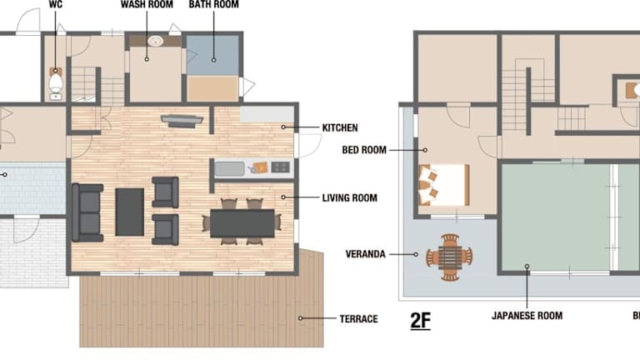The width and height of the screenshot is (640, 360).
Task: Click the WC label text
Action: click(56, 4)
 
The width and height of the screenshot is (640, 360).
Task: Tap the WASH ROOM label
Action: click(147, 4)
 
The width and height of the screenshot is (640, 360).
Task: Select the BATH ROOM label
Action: click(214, 4)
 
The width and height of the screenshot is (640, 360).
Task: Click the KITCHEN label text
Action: click(340, 127)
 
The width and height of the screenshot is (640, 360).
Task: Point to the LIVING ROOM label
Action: click(350, 198)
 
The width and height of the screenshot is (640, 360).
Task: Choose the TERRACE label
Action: click(359, 319)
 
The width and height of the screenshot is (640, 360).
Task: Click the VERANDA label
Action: click(365, 254)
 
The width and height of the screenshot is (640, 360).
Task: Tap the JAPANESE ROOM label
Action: click(527, 316)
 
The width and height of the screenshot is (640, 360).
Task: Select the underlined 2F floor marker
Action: click(420, 321)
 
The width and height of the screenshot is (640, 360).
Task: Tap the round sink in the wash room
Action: click(156, 41)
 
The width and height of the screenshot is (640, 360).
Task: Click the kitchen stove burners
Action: click(280, 167)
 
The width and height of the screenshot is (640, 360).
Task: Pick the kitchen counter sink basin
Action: click(229, 169)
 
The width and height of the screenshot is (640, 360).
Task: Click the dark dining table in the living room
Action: click(242, 223)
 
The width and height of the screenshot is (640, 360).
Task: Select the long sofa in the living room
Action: click(87, 212)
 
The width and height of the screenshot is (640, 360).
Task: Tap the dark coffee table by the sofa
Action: click(130, 212)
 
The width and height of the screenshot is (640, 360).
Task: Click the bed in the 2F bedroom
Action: click(444, 185)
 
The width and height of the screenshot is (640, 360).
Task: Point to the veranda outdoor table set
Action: click(449, 257)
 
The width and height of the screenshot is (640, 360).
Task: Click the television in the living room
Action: click(182, 120)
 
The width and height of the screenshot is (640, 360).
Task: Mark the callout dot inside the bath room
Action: click(213, 60)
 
